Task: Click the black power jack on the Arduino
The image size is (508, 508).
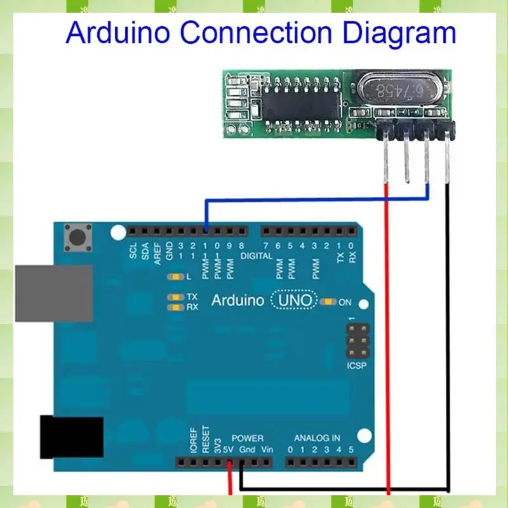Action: pyautogui.click(x=71, y=437)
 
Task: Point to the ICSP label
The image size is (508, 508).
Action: pyautogui.click(x=358, y=366)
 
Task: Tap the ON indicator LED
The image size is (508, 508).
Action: pyautogui.click(x=329, y=302)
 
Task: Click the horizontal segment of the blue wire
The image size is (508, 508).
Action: pyautogui.click(x=317, y=201)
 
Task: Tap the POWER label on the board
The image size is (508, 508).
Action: pyautogui.click(x=248, y=438)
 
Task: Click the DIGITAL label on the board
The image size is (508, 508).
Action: pyautogui.click(x=257, y=256)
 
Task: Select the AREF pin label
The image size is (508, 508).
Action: pyautogui.click(x=157, y=251)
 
